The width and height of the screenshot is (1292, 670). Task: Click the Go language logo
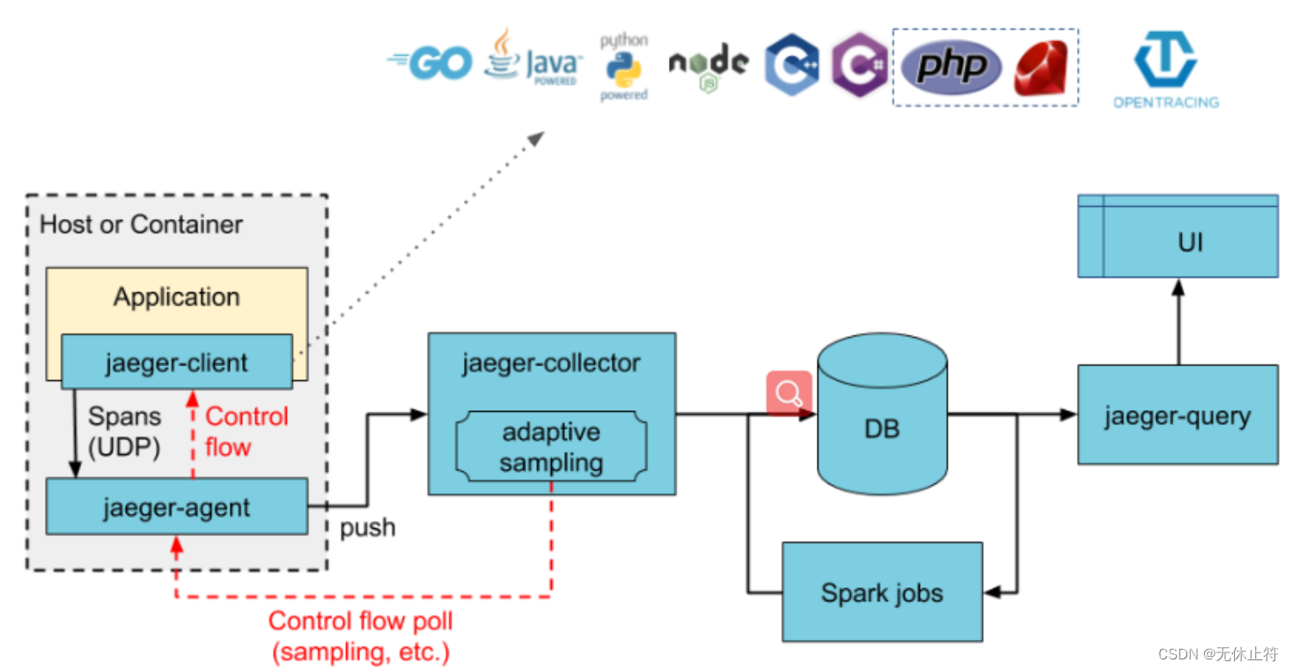(x=429, y=63)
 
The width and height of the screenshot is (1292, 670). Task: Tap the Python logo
(x=624, y=67)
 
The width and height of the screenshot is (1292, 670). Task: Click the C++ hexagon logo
(x=792, y=64)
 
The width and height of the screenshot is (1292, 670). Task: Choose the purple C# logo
(x=860, y=64)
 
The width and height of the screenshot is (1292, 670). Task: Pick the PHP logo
(x=951, y=67)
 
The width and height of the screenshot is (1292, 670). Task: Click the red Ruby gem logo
(x=1041, y=67)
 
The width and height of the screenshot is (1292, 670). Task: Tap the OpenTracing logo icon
(x=1165, y=59)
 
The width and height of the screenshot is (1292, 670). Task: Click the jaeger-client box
(x=177, y=362)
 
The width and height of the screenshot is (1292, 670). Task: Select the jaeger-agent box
(x=177, y=506)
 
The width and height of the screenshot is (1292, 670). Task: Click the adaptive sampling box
(x=552, y=446)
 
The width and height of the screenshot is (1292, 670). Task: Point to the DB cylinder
(x=882, y=413)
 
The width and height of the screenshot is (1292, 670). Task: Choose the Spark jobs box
(x=882, y=593)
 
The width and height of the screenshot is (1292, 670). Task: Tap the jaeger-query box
(x=1178, y=415)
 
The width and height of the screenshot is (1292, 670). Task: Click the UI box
(x=1178, y=236)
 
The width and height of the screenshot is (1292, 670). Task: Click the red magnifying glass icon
(x=789, y=394)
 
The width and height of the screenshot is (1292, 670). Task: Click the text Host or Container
(x=141, y=225)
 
